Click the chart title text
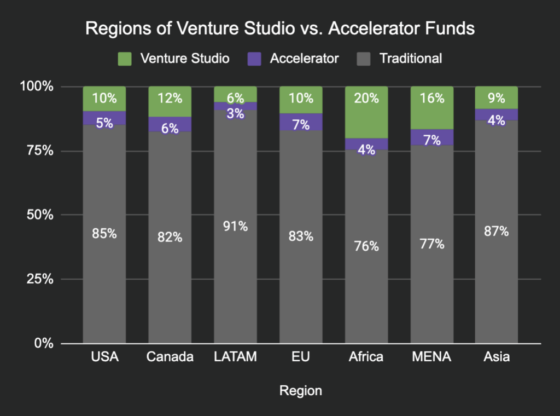click(279, 29)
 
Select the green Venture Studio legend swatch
click(125, 58)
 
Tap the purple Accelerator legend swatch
click(254, 58)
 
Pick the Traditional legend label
click(411, 58)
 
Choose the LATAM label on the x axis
click(235, 357)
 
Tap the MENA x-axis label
click(431, 357)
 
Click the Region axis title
click(300, 391)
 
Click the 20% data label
click(366, 99)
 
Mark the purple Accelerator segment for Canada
click(170, 124)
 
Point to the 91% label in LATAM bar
click(235, 226)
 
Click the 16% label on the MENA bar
click(431, 99)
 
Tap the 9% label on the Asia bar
click(497, 99)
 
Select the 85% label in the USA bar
click(104, 233)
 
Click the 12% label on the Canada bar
click(170, 99)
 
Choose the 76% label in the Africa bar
click(366, 246)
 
